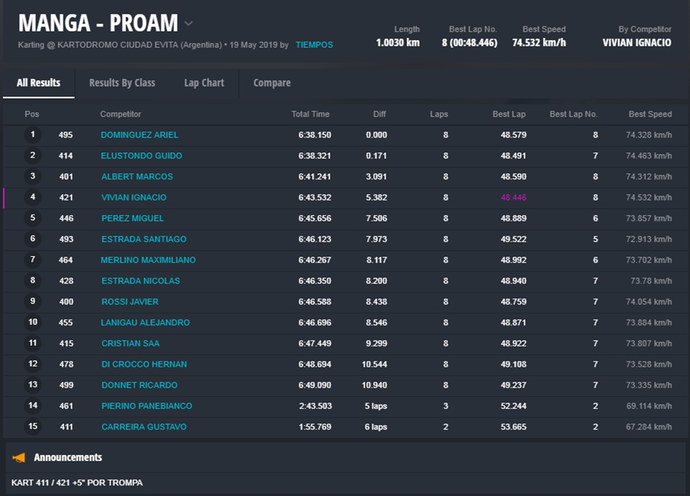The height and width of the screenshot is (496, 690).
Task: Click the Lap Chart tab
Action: (204, 83)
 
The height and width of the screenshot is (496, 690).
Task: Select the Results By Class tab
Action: (122, 83)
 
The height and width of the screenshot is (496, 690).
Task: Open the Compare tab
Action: (272, 83)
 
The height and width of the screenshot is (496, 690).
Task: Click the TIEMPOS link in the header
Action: (314, 45)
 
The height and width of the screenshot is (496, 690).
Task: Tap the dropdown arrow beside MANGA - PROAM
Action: (188, 23)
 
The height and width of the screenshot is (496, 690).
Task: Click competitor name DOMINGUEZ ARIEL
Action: (139, 135)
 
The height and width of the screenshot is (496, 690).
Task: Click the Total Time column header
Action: (310, 114)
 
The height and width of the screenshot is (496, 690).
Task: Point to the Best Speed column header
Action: (650, 114)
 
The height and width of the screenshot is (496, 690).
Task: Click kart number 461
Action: (66, 406)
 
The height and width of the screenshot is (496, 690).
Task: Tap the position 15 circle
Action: (32, 427)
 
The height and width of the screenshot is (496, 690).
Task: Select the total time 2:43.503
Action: (315, 406)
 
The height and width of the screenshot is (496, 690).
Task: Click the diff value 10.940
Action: (374, 385)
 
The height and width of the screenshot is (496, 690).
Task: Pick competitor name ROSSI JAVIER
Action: (129, 302)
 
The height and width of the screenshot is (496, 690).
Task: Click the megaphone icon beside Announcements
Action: (19, 458)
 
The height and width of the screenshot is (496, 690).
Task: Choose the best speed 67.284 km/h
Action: (648, 427)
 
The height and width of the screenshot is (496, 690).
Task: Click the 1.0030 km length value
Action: (397, 42)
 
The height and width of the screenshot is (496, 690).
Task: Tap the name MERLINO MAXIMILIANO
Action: (148, 260)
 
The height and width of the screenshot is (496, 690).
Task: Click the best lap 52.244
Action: (513, 406)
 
